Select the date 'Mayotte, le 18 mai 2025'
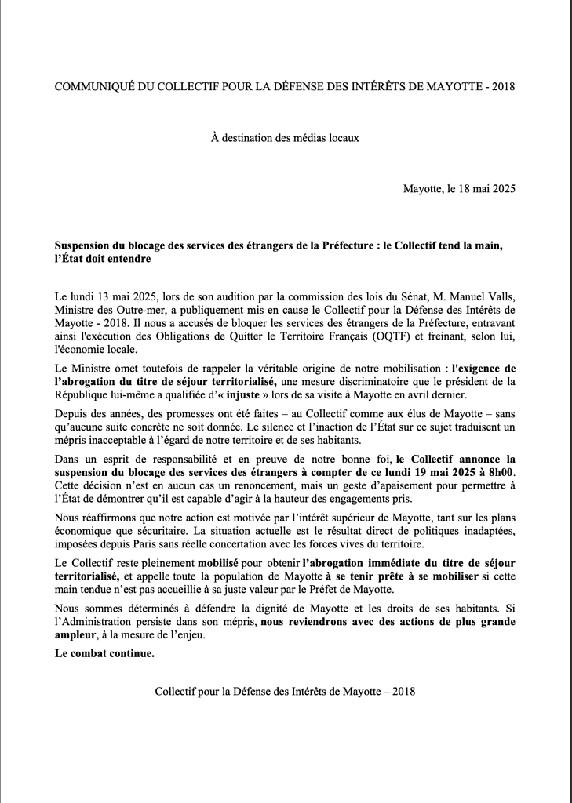click(x=459, y=189)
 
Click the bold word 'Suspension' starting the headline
click(x=84, y=245)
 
